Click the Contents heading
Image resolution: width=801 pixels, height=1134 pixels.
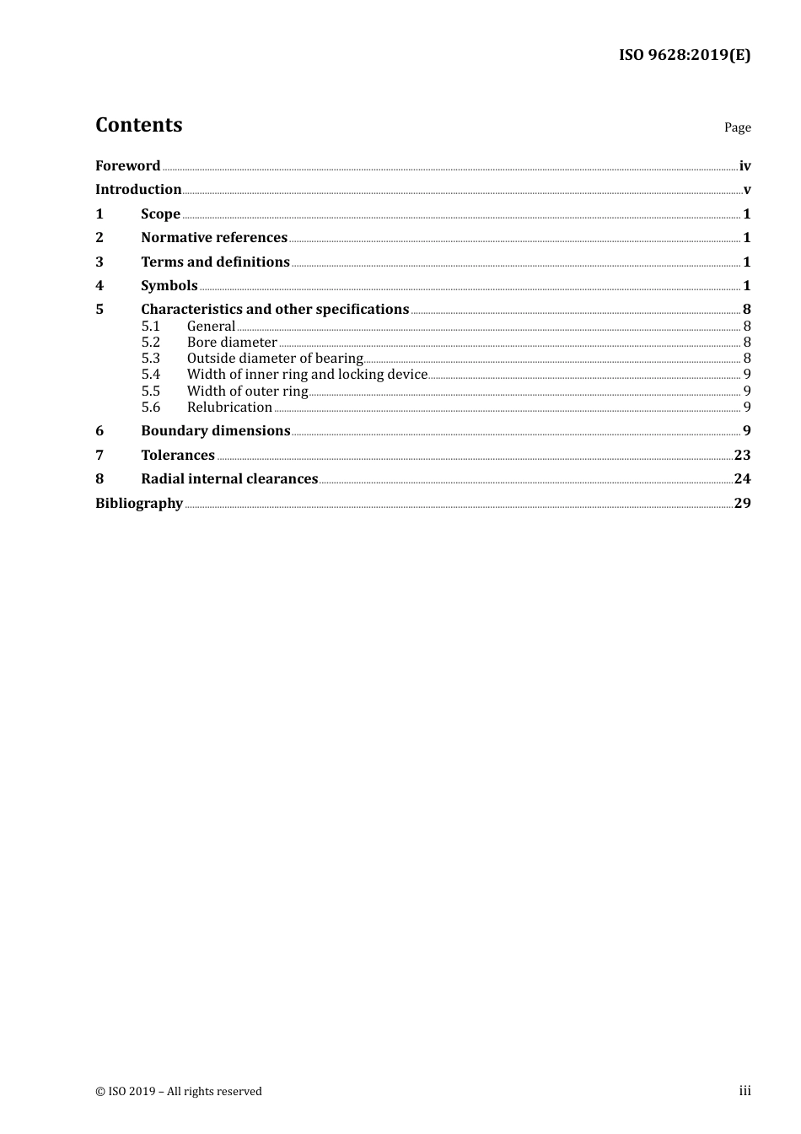click(x=138, y=125)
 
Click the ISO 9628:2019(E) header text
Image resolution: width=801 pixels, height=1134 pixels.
click(x=684, y=55)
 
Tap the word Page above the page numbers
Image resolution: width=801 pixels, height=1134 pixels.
click(x=737, y=127)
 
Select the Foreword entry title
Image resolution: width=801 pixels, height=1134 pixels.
click(x=127, y=165)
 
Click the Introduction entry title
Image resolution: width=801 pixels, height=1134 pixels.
click(x=138, y=189)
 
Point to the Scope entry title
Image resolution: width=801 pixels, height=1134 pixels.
click(x=160, y=213)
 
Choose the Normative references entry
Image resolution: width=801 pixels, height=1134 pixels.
click(x=214, y=237)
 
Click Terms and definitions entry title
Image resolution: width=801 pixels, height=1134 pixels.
click(x=215, y=262)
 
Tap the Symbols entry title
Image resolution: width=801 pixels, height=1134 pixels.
click(x=169, y=285)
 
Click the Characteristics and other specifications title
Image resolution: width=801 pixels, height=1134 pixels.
click(x=275, y=309)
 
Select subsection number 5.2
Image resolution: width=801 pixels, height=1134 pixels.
click(x=150, y=342)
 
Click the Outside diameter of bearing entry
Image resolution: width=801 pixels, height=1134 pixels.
click(x=275, y=358)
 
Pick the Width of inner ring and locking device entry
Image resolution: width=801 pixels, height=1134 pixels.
click(x=307, y=374)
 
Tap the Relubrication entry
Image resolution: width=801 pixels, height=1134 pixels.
click(x=229, y=407)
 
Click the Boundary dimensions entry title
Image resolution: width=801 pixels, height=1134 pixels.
click(x=215, y=430)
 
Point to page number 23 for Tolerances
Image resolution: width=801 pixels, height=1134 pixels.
click(x=742, y=455)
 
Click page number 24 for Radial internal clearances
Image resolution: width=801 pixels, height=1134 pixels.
click(x=742, y=478)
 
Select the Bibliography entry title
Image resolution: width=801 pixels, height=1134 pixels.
click(x=139, y=503)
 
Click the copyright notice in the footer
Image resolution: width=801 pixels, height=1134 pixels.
click(x=179, y=1091)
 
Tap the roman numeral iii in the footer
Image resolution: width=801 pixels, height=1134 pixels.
click(x=745, y=1091)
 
